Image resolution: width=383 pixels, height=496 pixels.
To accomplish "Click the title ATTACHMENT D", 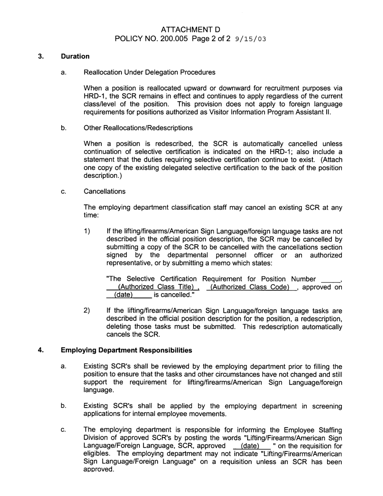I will (x=190, y=29).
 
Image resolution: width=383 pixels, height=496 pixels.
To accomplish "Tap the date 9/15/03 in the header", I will (x=250, y=39).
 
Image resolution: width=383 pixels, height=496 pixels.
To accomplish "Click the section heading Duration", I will (x=75, y=56).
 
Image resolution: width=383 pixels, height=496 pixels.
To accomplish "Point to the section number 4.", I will (x=41, y=350).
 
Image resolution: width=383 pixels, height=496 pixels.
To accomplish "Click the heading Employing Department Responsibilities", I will (x=126, y=350).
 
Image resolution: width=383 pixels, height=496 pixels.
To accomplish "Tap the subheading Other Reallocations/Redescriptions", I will (x=137, y=128).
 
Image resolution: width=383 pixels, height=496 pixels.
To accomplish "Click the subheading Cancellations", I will (x=104, y=192).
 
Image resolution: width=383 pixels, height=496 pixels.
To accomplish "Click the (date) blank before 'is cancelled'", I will (x=124, y=295).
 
